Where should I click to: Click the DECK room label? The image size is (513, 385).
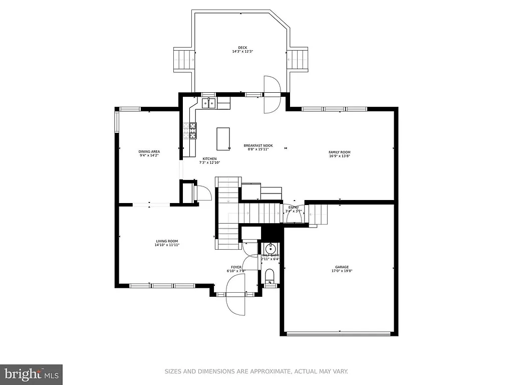pos(242,48)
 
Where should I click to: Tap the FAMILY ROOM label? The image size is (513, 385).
pos(339,152)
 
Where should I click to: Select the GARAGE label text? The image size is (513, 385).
pos(342,267)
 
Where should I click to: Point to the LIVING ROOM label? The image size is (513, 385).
pos(167,241)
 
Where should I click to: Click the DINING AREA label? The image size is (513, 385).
pos(149,151)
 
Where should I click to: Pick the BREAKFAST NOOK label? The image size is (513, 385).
pos(258,145)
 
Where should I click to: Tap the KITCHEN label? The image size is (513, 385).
pos(209,158)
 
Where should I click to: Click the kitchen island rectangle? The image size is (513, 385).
pos(223,138)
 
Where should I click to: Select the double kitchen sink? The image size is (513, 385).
pos(209,104)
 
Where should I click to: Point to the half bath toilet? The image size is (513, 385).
pos(270,276)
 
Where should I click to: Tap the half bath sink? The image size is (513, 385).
pos(270,248)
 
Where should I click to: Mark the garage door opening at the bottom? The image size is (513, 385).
pos(339,333)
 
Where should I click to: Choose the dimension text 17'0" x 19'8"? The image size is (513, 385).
pos(342,271)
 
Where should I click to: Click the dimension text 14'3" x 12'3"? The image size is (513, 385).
pos(242,52)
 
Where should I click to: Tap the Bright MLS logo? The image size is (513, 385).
pos(31,374)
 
